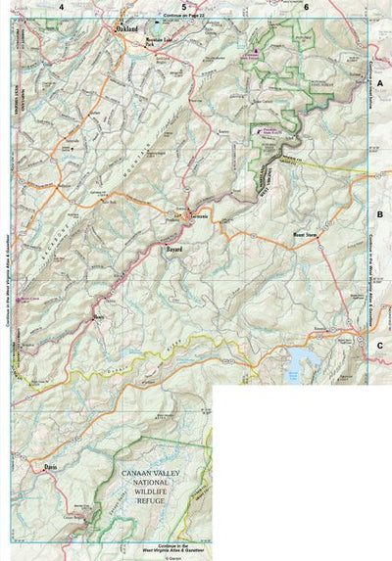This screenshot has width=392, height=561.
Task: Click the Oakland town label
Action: click(x=124, y=31)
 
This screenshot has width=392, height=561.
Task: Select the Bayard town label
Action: click(x=173, y=250)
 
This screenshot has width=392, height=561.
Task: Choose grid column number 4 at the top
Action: click(x=61, y=7)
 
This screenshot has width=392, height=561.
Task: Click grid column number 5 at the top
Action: click(x=182, y=7)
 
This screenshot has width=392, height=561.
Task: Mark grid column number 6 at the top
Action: click(x=306, y=7)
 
